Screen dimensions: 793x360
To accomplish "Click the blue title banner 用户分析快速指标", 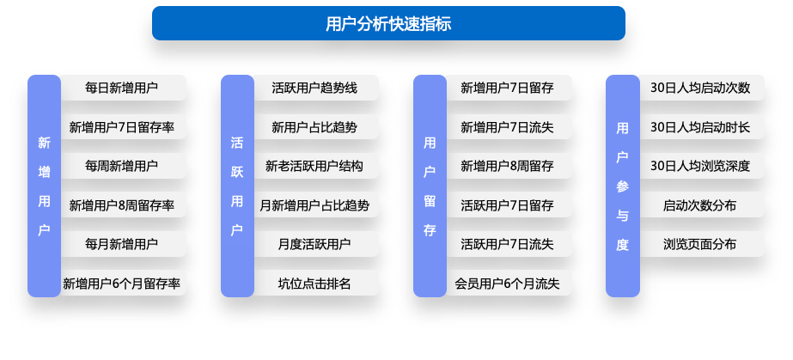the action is coord(388,23).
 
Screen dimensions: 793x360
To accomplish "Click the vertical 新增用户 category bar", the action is coord(44,186).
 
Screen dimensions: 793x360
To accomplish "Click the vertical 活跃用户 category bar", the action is coord(237,186).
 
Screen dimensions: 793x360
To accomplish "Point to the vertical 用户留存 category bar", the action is coord(430,186).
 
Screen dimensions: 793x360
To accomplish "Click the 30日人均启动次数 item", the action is coord(702,88).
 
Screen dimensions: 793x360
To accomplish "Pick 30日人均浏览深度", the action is coord(702,166).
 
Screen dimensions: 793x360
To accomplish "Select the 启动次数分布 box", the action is coord(702,205).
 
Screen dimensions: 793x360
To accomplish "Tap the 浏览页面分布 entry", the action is coord(702,244).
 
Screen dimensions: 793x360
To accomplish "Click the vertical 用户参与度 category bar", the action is coord(623,186).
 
